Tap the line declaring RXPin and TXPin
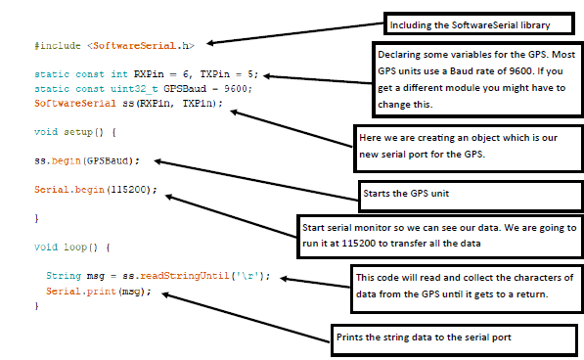148,73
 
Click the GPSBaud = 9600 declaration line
142,88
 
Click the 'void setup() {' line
74,130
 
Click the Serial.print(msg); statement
98,292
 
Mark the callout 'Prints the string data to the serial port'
454,337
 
